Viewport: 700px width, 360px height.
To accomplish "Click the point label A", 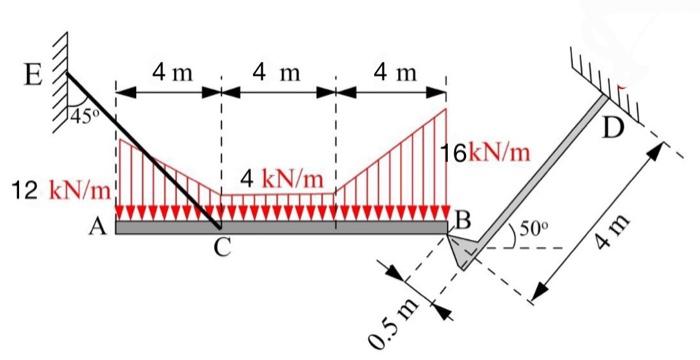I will pyautogui.click(x=97, y=228).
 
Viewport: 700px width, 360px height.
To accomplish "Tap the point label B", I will pyautogui.click(x=461, y=218).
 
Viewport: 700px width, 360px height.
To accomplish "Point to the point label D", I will pyautogui.click(x=614, y=128).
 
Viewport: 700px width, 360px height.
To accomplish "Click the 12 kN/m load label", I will pyautogui.click(x=62, y=188).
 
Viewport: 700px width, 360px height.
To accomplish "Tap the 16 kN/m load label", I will pyautogui.click(x=487, y=153).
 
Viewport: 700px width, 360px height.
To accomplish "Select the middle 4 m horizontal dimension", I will pyautogui.click(x=277, y=73).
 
